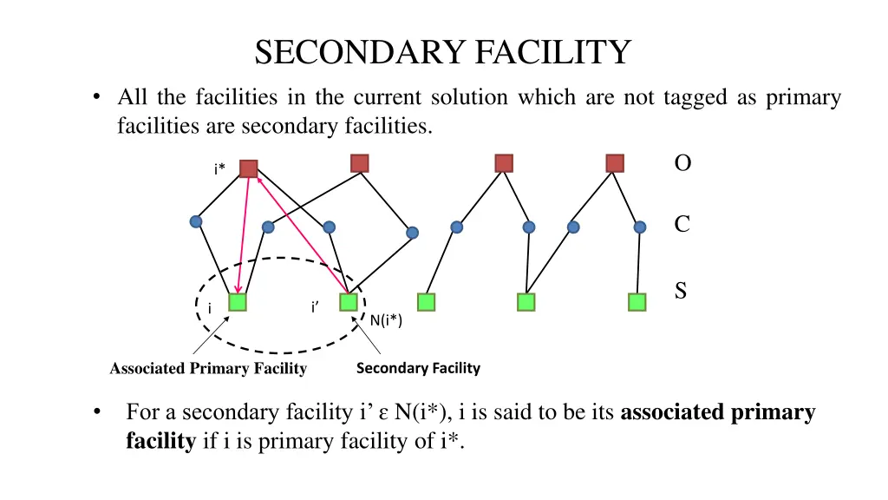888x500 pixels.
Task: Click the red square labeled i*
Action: click(x=248, y=168)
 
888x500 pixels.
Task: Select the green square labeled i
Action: click(x=238, y=302)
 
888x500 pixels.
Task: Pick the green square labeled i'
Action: click(x=349, y=302)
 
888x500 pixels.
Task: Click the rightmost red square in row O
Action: click(x=615, y=163)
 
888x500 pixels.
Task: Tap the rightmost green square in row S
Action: click(x=637, y=302)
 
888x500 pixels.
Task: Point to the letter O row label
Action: click(x=682, y=163)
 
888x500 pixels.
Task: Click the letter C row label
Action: click(x=682, y=224)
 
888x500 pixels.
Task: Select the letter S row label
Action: click(x=681, y=291)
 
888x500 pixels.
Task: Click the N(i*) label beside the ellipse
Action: click(x=386, y=320)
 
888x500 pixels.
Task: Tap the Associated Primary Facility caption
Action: click(x=208, y=369)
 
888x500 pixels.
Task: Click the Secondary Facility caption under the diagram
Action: click(x=418, y=368)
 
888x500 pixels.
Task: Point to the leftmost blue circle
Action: click(x=197, y=221)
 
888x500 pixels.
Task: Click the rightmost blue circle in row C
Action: click(x=640, y=227)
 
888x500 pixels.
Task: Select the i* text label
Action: click(x=220, y=168)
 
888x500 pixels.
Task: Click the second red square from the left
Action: click(x=360, y=163)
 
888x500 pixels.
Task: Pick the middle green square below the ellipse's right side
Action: click(x=426, y=302)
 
